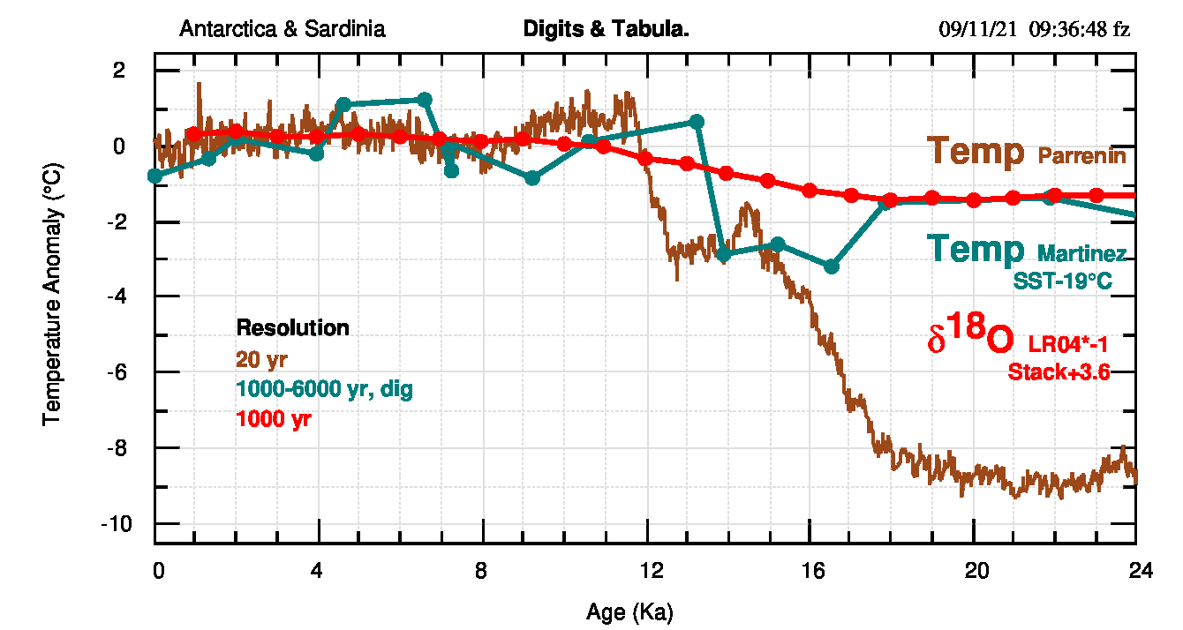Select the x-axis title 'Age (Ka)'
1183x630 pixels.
click(x=629, y=611)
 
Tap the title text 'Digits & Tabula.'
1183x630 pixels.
click(x=606, y=29)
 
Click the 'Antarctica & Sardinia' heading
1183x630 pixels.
click(x=283, y=29)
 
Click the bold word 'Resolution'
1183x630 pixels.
click(x=292, y=328)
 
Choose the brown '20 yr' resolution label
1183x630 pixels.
click(x=261, y=359)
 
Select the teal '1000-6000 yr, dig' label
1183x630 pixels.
click(x=324, y=389)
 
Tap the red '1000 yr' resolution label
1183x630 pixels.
click(x=274, y=420)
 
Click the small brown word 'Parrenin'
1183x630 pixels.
click(x=1081, y=157)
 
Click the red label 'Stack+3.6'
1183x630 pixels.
click(x=1059, y=372)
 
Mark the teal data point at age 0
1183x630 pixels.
click(x=155, y=176)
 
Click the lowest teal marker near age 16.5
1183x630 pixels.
click(x=831, y=266)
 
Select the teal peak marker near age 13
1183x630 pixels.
click(x=696, y=121)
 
